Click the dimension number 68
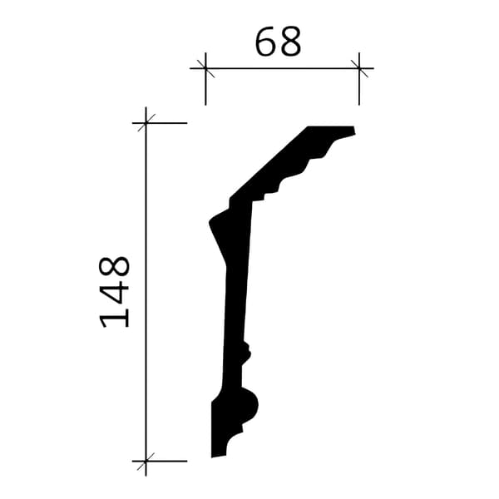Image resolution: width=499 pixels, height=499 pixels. [x=278, y=42]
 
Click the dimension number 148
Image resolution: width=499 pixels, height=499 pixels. [x=114, y=292]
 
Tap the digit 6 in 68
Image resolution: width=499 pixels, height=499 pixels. [x=266, y=42]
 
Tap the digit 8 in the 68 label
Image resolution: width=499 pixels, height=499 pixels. [x=290, y=42]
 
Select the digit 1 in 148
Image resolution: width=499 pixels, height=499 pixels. [x=115, y=317]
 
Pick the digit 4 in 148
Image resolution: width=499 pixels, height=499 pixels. [x=114, y=292]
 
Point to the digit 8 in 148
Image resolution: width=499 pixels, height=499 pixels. [x=114, y=267]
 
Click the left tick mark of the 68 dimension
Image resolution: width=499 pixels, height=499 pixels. [x=205, y=68]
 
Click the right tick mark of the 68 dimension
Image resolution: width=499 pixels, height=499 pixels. [x=359, y=68]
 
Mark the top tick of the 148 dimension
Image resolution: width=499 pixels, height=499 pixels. [x=146, y=123]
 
